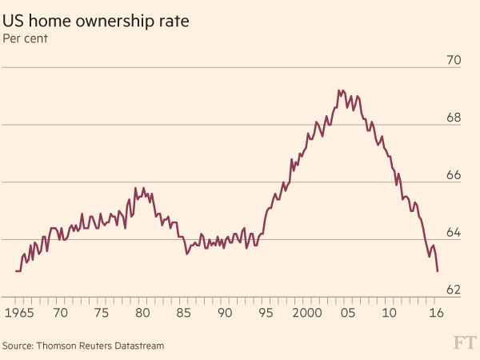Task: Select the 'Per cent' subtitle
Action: [25, 38]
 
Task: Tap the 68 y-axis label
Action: [454, 118]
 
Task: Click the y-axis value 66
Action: [454, 175]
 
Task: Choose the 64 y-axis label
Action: [454, 233]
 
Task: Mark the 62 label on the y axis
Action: [454, 290]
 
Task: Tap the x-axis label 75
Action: [101, 312]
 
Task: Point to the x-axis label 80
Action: [142, 312]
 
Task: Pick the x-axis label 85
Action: [184, 312]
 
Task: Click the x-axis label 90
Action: [226, 312]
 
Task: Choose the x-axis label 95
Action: [267, 312]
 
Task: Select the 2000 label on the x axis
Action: [308, 312]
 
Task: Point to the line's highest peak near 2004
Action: [339, 90]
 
